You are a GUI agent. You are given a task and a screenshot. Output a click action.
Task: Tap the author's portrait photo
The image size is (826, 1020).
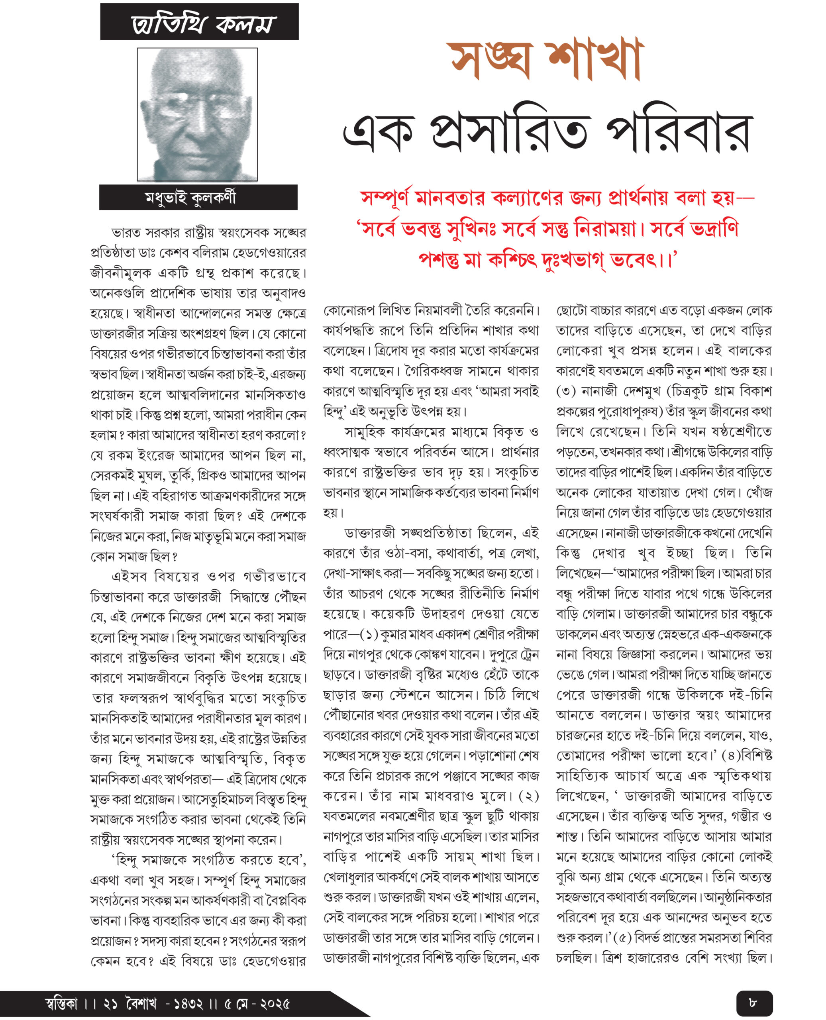pyautogui.click(x=198, y=114)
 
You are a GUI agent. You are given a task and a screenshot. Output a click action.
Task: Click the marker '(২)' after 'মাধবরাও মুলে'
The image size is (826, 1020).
pyautogui.click(x=529, y=796)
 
